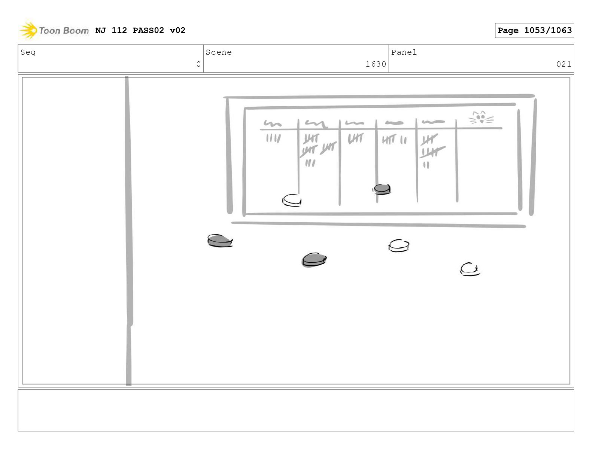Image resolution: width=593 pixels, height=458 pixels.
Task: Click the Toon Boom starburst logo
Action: point(28,30)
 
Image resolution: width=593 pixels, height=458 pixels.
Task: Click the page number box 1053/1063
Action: point(534,30)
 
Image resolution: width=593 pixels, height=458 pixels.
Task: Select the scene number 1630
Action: point(376,64)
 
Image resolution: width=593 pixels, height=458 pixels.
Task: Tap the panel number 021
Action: point(563,64)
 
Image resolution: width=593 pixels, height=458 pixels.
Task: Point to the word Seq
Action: point(28,52)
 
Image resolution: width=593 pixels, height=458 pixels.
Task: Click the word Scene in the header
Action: point(219,52)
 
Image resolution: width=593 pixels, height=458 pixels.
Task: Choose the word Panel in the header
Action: point(404,52)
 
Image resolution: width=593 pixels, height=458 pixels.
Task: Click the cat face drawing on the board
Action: point(481,117)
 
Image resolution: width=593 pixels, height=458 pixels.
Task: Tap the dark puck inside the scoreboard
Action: point(382,189)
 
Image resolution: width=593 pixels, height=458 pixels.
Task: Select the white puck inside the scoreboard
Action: point(292,201)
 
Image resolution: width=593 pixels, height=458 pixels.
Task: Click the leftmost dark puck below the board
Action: point(220,241)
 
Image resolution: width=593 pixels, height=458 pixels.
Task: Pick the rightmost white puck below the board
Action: point(469,269)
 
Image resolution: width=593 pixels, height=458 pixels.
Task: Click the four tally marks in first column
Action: point(273,138)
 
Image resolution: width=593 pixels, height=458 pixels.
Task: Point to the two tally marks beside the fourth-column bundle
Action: point(403,140)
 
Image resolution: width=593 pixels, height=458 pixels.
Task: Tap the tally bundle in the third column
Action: point(356,138)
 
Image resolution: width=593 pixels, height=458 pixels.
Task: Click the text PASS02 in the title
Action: point(148,30)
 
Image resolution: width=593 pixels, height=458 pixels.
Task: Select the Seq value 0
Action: point(198,64)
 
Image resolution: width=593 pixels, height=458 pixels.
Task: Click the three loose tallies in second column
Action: point(310,163)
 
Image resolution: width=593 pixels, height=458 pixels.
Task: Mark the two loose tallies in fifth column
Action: point(426,165)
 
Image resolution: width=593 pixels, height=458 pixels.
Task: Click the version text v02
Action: point(177,30)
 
